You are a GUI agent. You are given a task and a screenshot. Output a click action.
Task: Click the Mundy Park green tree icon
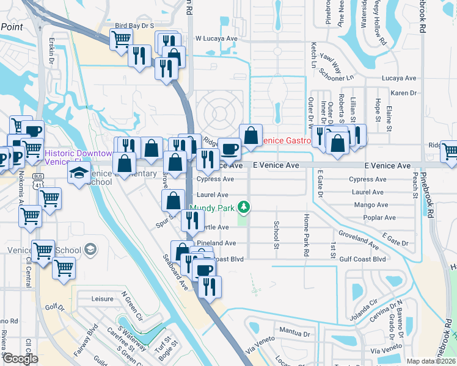[x=244, y=207]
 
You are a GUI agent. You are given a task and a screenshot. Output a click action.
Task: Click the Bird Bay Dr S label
[x=134, y=26]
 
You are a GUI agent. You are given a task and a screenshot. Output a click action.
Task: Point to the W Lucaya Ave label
[x=216, y=38]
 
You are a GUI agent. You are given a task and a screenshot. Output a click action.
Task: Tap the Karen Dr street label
[x=403, y=93]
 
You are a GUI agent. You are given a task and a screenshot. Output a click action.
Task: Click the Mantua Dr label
[x=294, y=334]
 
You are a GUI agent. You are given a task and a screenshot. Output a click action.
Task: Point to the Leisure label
[x=102, y=299]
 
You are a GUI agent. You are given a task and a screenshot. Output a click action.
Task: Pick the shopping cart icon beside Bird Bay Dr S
[x=121, y=39]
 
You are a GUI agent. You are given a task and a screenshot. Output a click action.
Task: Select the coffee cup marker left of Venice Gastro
[x=230, y=148]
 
